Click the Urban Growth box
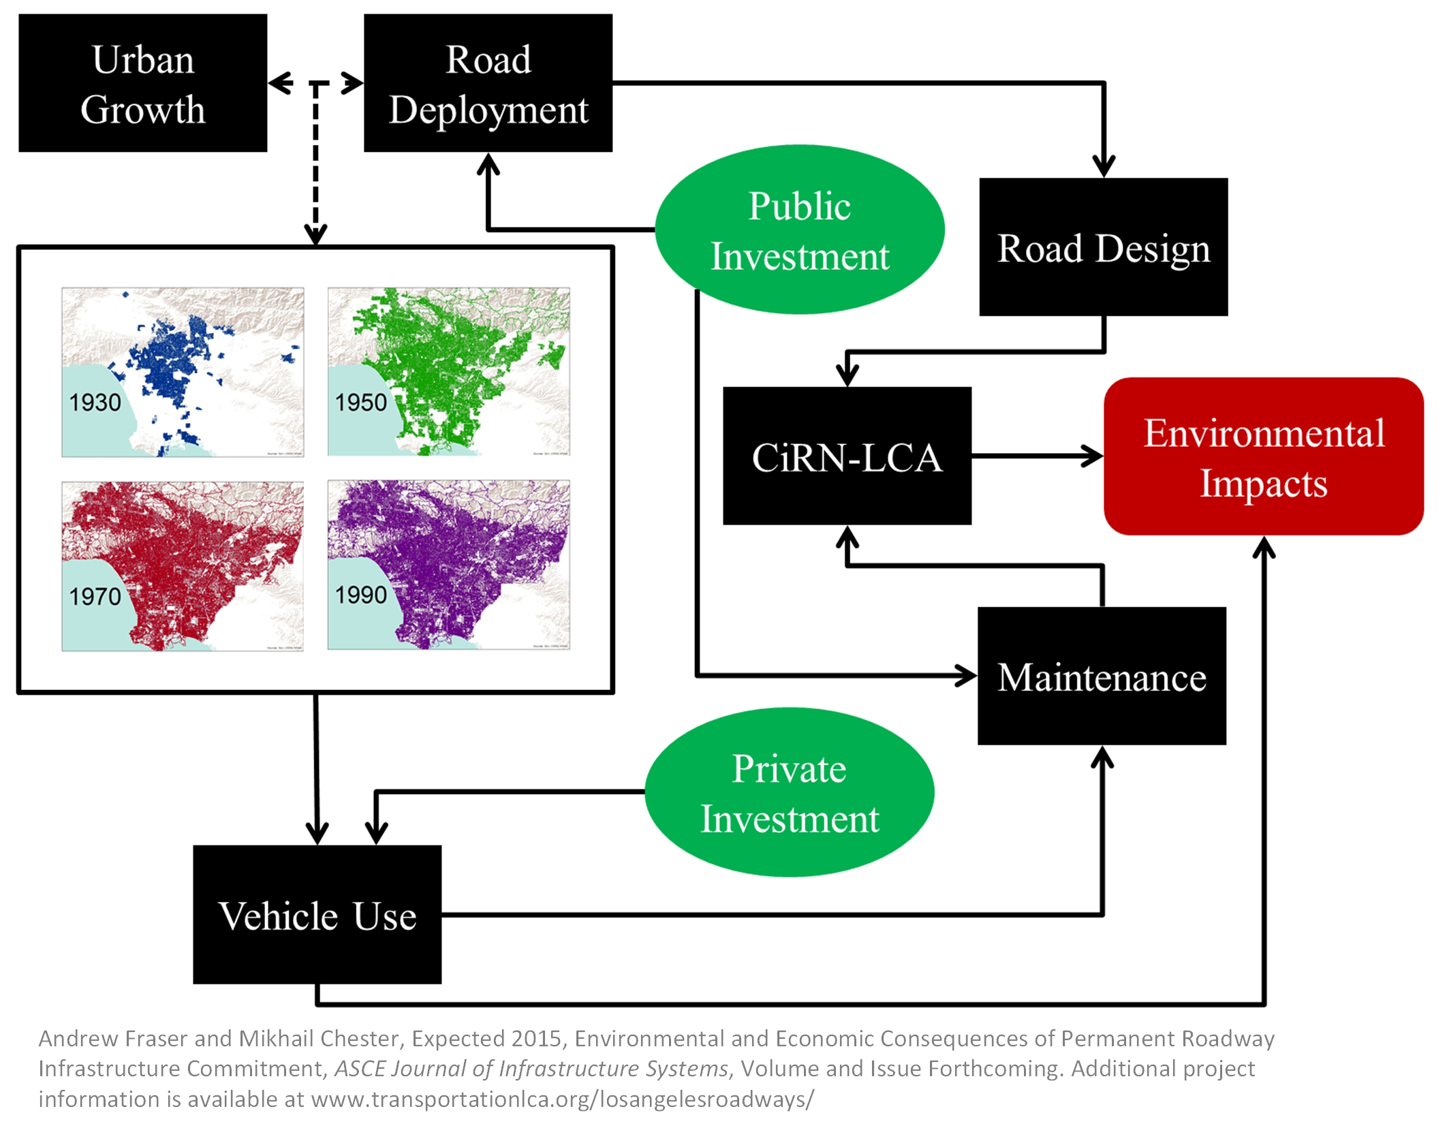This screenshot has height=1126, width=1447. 142,83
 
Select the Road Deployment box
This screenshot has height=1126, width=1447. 488,83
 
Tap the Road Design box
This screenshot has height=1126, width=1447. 1103,247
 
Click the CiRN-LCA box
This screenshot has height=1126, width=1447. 847,456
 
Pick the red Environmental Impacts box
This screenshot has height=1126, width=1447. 1263,456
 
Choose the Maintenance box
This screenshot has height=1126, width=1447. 1102,676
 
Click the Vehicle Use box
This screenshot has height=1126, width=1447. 317,914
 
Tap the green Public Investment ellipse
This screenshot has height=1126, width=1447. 799,230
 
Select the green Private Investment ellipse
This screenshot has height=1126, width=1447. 789,792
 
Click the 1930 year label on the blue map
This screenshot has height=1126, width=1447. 95,402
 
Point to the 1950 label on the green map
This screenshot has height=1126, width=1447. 360,402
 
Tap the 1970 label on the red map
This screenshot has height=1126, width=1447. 95,596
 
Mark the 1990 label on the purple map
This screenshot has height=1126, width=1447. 360,595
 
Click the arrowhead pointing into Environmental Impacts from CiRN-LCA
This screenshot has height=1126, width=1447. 1093,456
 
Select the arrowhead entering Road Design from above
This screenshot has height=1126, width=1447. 1104,166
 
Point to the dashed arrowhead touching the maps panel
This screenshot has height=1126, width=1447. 315,234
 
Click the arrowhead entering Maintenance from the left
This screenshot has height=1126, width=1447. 966,676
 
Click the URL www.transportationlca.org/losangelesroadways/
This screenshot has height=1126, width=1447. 562,1099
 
